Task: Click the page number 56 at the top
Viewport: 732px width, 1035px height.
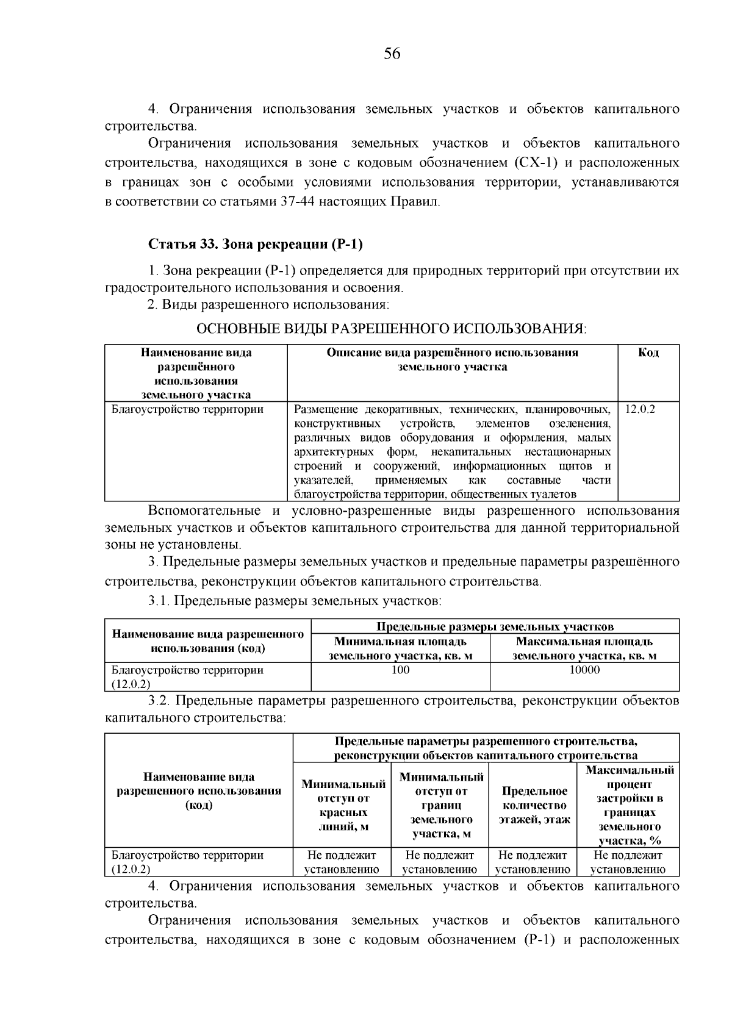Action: click(x=392, y=54)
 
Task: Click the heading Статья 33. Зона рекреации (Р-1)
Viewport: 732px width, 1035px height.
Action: click(x=256, y=245)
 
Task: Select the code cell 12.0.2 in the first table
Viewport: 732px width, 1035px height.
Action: click(x=640, y=409)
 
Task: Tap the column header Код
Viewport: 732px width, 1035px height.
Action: click(x=648, y=353)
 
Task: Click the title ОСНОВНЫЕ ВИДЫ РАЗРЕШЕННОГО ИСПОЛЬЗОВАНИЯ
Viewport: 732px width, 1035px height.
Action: click(x=391, y=329)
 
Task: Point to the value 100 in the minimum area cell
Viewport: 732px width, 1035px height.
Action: click(x=400, y=670)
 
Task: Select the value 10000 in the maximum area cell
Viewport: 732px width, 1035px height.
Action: click(x=584, y=670)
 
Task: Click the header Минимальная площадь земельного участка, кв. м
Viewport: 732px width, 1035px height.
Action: click(x=400, y=649)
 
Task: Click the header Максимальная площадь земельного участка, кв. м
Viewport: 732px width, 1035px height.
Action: click(x=584, y=649)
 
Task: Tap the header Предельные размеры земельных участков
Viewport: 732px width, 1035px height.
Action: click(x=495, y=627)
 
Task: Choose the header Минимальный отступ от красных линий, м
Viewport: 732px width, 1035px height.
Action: click(x=343, y=806)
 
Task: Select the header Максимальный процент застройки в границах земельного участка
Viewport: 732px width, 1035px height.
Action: click(x=630, y=806)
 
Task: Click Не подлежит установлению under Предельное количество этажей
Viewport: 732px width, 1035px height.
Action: click(x=533, y=862)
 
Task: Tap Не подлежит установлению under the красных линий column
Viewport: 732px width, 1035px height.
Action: click(x=342, y=862)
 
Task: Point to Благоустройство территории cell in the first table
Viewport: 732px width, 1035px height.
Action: click(x=187, y=409)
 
